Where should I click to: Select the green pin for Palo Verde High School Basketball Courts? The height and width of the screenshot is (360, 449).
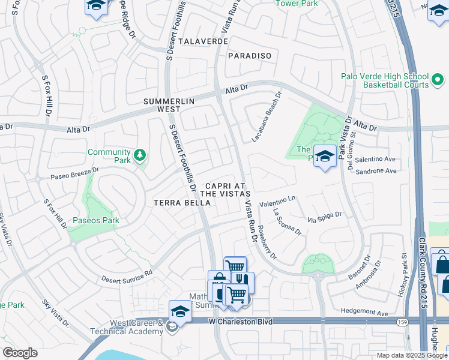(x=439, y=78)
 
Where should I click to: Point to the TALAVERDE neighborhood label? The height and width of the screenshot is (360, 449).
(x=191, y=42)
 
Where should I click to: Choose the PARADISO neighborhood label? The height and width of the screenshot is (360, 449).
(x=250, y=56)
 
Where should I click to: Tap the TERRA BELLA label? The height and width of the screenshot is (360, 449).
(x=182, y=203)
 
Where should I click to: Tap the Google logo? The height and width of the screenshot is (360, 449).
(x=20, y=353)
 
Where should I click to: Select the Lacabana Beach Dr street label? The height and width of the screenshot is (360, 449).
(x=265, y=118)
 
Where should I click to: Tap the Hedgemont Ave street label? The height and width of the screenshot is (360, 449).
(x=365, y=313)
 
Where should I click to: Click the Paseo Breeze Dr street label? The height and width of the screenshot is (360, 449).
(x=66, y=174)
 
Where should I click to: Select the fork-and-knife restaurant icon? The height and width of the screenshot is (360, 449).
(x=243, y=281)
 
